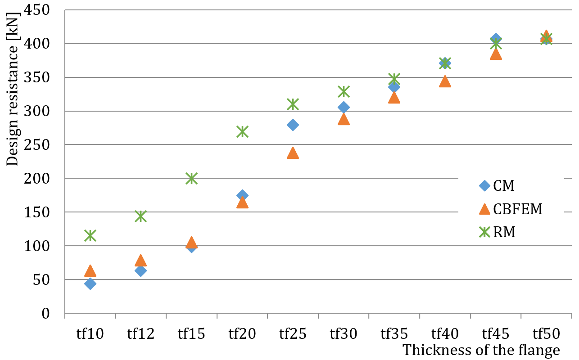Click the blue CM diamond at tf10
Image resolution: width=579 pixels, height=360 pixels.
coord(90,283)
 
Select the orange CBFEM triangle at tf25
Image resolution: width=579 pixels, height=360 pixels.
coord(293,153)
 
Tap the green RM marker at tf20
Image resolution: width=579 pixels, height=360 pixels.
coord(242,131)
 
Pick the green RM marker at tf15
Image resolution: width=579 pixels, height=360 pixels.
coord(191,178)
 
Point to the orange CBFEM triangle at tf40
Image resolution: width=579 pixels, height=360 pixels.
coord(445,81)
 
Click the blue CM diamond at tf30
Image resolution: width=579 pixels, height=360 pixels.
coord(344,107)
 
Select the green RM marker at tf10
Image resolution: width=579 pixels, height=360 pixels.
coord(90,235)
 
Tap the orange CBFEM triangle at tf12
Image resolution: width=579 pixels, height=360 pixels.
coord(140,261)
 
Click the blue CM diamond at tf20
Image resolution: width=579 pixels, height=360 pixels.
coord(242,195)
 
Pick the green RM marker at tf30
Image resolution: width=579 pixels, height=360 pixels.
coord(344,91)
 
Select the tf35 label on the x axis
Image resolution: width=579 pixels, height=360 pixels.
coord(394,333)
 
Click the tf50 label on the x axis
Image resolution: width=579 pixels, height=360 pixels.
coord(546,333)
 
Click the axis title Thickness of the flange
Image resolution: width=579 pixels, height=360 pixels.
coord(481,350)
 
